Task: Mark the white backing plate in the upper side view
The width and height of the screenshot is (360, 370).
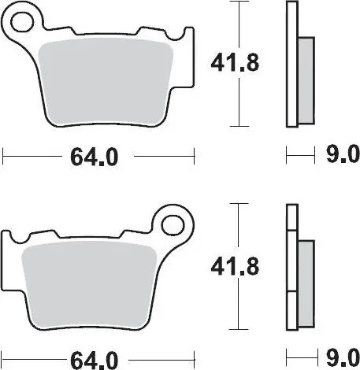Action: (291, 63)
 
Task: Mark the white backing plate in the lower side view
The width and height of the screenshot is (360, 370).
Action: (291, 268)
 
